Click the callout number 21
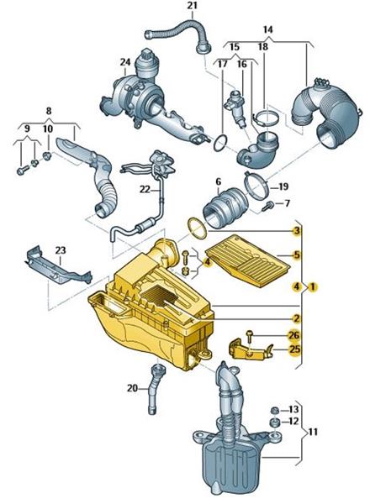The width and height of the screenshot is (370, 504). tap(192, 6)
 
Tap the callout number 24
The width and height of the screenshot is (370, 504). tap(125, 61)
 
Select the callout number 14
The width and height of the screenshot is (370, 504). tap(268, 29)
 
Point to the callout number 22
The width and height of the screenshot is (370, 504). tap(145, 190)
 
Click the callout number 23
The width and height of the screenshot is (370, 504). tap(61, 249)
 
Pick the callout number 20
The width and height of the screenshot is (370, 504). tap(132, 388)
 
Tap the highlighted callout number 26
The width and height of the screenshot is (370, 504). tap(294, 335)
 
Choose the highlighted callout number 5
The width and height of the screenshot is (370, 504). tap(296, 255)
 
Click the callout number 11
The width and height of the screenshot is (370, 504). tap(313, 432)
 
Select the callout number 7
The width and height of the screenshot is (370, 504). tap(288, 203)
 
